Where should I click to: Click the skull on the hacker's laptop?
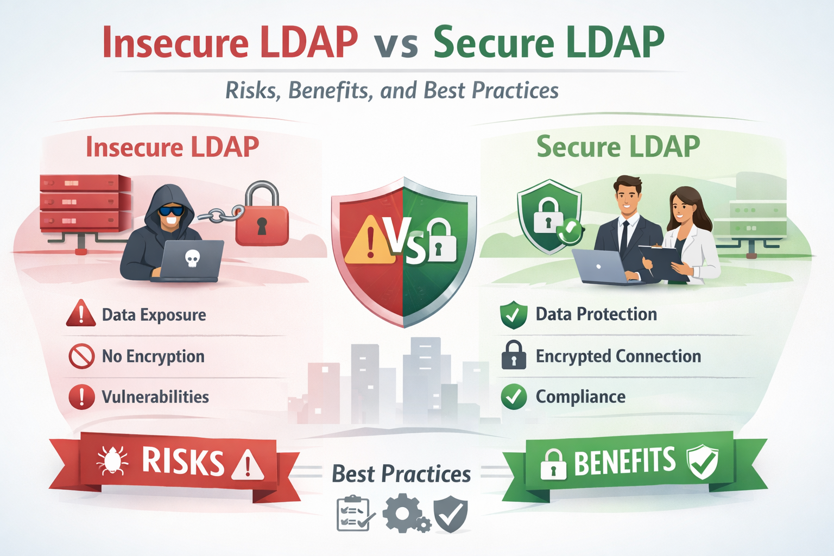click(192, 259)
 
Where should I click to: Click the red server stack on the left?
click(85, 202)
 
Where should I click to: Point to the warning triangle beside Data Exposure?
click(81, 314)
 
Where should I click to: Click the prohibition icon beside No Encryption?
click(81, 356)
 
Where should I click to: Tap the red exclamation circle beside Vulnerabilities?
click(81, 397)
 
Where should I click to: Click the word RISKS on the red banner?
click(183, 462)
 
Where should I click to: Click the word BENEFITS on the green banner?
click(624, 462)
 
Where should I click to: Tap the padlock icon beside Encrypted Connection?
click(513, 356)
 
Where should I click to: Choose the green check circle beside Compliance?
click(514, 397)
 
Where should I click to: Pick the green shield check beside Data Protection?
click(513, 314)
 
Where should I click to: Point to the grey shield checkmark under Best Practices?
click(451, 515)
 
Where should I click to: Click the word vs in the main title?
click(396, 43)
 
